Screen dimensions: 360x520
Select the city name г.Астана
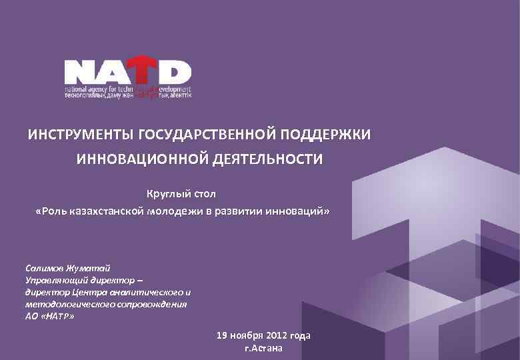click(x=264, y=349)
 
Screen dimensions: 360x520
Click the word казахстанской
click(x=109, y=211)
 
